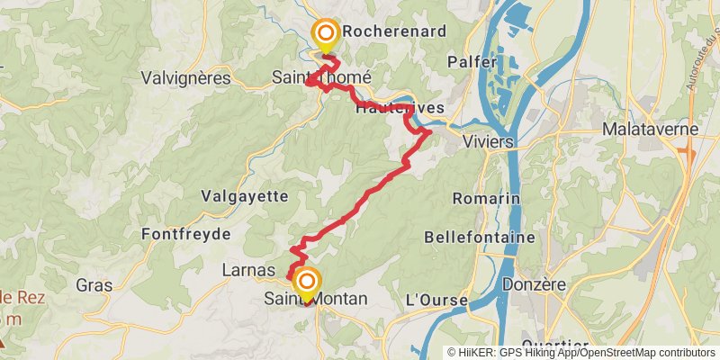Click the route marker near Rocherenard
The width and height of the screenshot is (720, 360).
click(325, 34)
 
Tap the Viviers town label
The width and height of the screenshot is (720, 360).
click(487, 142)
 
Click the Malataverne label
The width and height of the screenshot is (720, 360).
click(652, 130)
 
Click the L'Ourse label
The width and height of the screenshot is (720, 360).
click(437, 299)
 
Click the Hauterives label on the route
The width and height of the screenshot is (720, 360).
click(400, 108)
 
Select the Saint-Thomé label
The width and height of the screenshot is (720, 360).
click(321, 78)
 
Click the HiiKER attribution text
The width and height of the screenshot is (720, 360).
click(497, 353)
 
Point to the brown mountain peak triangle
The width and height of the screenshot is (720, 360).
click(4, 343)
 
